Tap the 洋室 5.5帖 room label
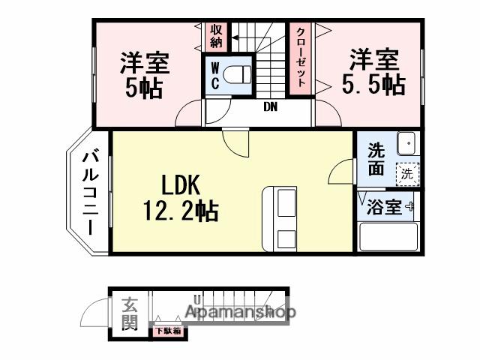pyautogui.click(x=373, y=71)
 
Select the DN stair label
pyautogui.click(x=270, y=106)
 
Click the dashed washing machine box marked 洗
pyautogui.click(x=406, y=172)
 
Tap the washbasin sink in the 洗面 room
pyautogui.click(x=406, y=141)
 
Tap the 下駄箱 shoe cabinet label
pyautogui.click(x=167, y=330)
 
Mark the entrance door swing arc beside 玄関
pyautogui.click(x=95, y=311)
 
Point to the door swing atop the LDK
pyautogui.click(x=234, y=142)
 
